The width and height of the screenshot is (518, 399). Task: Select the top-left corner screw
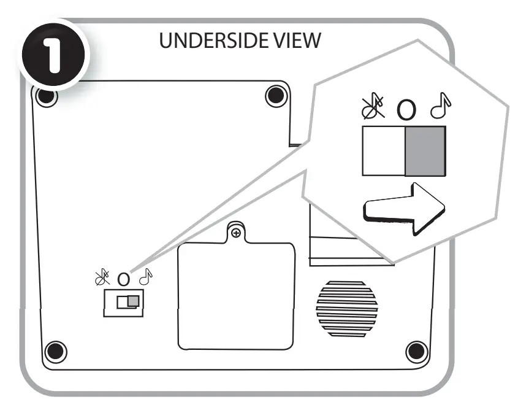[x=46, y=97]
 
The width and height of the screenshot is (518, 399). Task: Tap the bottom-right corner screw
[x=416, y=351]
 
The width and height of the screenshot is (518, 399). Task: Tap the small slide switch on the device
[x=123, y=303]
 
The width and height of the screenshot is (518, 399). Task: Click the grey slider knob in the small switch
[x=132, y=301]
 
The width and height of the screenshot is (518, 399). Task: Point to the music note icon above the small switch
[x=146, y=278]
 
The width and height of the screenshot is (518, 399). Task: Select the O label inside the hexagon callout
[x=406, y=110]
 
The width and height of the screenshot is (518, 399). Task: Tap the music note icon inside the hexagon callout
[x=440, y=108]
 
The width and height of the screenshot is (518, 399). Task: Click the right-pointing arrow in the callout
[x=405, y=207]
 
